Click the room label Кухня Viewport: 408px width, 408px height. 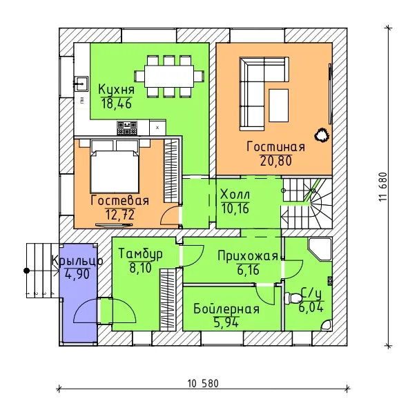116,90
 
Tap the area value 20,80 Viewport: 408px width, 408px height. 276,161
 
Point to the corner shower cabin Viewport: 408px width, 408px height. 320,249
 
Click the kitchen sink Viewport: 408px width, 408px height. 81,84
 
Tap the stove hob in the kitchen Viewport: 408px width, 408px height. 127,128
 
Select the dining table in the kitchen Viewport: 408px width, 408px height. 169,77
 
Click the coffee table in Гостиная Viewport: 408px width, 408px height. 279,106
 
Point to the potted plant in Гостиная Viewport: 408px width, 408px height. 322,135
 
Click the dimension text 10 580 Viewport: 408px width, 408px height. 203,384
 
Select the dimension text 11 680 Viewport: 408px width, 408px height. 383,186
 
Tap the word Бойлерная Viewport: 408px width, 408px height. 226,309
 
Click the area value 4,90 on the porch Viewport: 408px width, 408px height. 77,274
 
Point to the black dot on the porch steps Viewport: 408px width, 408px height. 26,271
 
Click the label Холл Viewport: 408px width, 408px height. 235,195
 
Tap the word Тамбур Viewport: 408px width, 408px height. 141,254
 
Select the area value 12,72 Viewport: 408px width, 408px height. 120,215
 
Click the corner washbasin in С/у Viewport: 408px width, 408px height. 326,325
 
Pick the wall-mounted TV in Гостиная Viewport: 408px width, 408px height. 330,94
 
